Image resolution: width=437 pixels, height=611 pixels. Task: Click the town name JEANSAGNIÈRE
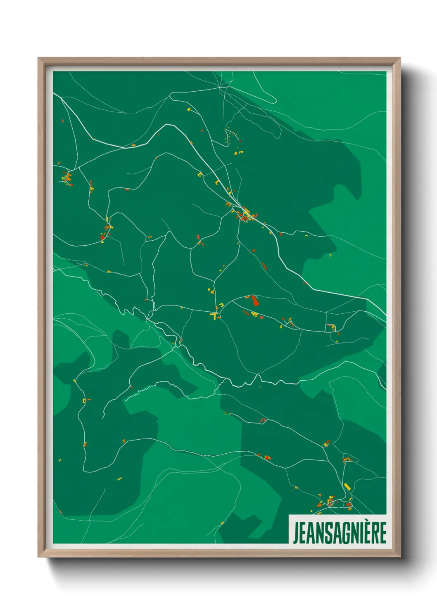pos(340,533)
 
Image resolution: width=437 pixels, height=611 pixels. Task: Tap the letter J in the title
pos(296,533)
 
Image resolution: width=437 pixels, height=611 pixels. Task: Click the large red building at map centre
pos(255,301)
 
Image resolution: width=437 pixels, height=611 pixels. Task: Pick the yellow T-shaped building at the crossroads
pos(214,316)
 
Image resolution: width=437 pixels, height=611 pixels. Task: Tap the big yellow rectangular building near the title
pos(347,487)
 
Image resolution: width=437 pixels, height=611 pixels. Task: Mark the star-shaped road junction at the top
pos(220,88)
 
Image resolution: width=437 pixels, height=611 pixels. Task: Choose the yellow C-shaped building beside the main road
pos(200,175)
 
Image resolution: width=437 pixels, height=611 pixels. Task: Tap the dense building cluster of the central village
pos(246,215)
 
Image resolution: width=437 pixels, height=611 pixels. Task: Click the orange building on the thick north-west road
pos(133,145)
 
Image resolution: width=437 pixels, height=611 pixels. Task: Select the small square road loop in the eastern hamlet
pos(331,327)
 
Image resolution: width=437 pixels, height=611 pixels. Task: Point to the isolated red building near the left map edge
pos(63,121)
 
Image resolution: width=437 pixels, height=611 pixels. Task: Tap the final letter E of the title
pos(382,533)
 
